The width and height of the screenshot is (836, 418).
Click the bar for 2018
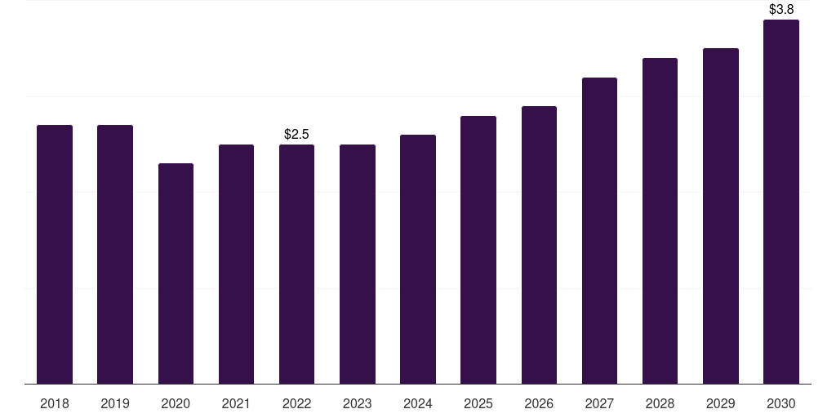tap(55, 255)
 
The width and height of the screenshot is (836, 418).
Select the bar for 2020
tap(176, 273)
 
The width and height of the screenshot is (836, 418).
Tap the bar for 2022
tap(296, 264)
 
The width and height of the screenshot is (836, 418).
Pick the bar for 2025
tap(478, 250)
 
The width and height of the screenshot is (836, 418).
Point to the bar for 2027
tap(599, 230)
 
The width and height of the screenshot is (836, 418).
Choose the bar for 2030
tap(781, 202)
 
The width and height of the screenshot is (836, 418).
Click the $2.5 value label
tap(296, 134)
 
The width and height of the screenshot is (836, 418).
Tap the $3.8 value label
tap(781, 9)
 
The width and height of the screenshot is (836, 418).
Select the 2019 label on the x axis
tap(115, 403)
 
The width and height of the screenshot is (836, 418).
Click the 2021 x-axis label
tap(236, 403)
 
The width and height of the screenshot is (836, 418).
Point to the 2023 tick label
tap(358, 403)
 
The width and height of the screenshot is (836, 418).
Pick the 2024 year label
tap(418, 403)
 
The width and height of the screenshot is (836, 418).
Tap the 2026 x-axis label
tap(539, 403)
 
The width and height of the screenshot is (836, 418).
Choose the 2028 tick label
tap(660, 403)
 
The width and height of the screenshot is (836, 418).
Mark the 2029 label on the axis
tap(721, 403)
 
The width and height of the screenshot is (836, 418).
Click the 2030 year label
tap(781, 403)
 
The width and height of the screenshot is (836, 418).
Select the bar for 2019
tap(115, 255)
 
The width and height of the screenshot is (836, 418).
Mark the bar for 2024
tap(418, 259)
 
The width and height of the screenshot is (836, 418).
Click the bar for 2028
tap(660, 220)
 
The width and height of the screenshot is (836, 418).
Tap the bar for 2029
tap(721, 216)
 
